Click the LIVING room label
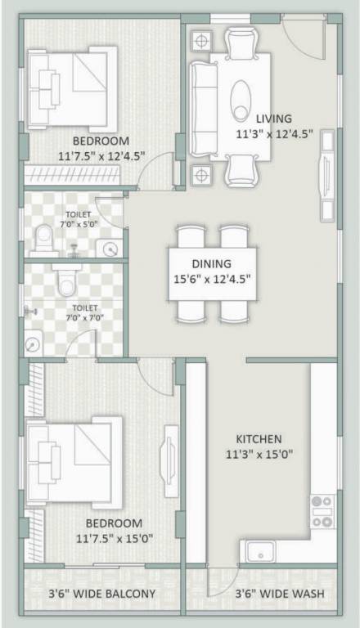(273, 118)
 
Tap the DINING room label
(212, 263)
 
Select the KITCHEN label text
(259, 438)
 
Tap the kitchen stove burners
(322, 511)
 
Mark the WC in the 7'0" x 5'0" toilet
(44, 239)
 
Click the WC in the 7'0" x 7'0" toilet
(66, 282)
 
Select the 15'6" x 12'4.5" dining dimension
(212, 278)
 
